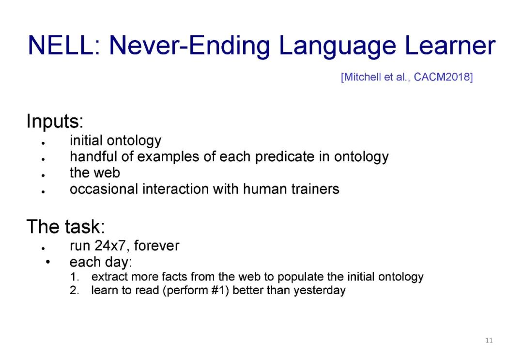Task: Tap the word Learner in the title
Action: (450, 45)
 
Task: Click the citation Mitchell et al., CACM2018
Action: (407, 77)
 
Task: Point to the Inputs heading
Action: (55, 121)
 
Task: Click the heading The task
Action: (66, 227)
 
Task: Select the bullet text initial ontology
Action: (115, 141)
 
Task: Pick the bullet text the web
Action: (95, 172)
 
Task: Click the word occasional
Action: (104, 189)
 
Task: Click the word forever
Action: (156, 246)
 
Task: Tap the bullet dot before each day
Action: (47, 262)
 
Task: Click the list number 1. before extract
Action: (75, 277)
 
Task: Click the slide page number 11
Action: (489, 340)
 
